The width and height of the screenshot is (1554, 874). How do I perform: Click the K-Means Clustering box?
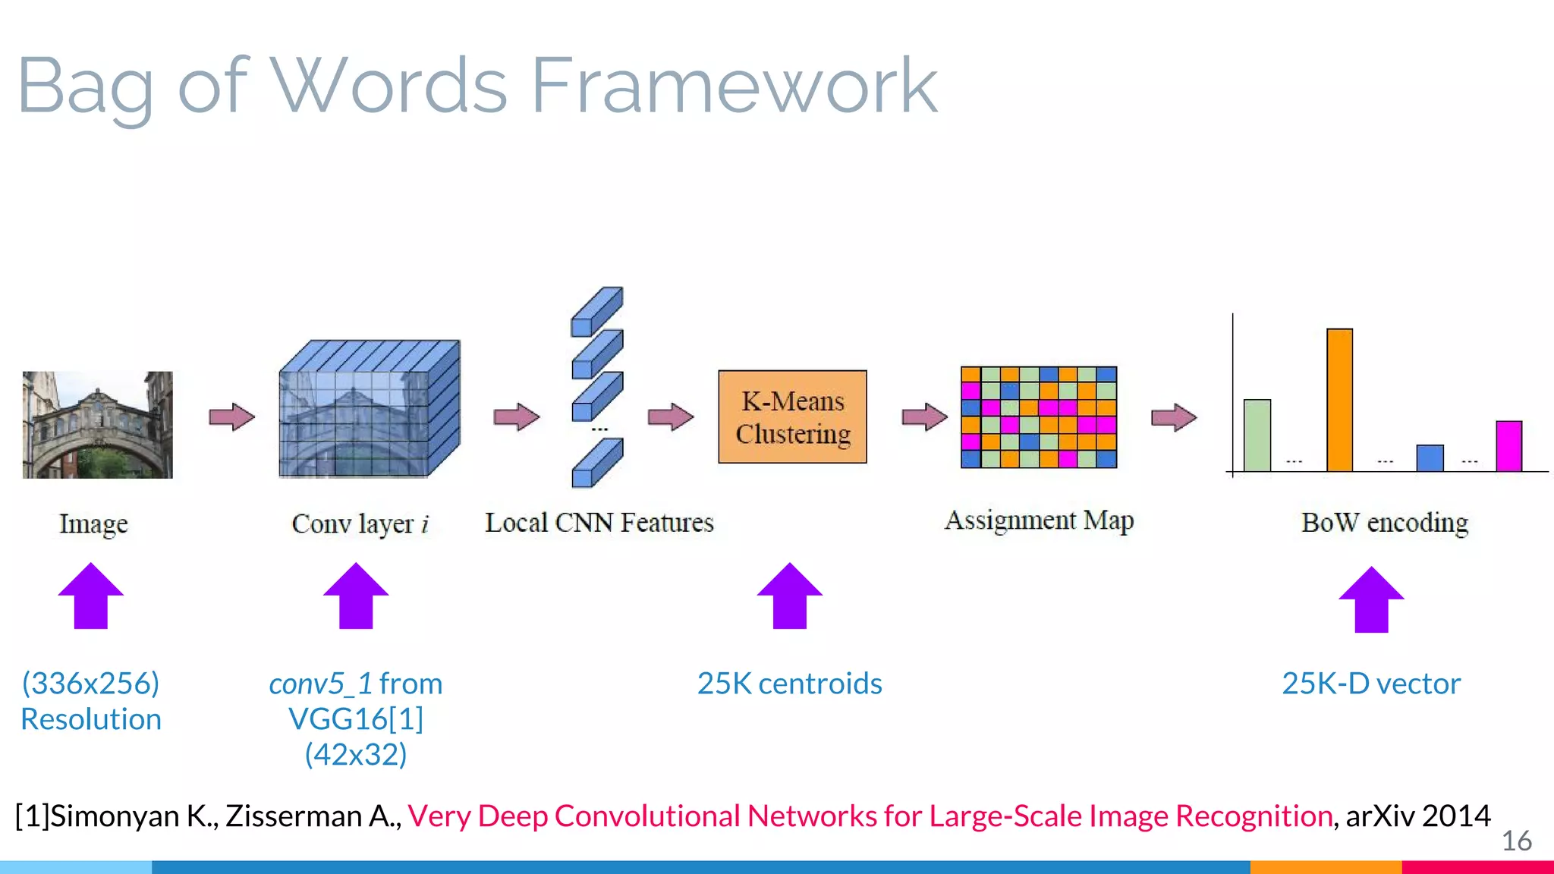pyautogui.click(x=792, y=417)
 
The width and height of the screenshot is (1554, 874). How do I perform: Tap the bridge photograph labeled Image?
pyautogui.click(x=97, y=424)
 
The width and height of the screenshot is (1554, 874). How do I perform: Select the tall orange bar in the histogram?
pyautogui.click(x=1339, y=400)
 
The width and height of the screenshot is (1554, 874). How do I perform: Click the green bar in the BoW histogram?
pyautogui.click(x=1257, y=435)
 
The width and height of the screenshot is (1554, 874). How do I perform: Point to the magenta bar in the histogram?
pyautogui.click(x=1508, y=446)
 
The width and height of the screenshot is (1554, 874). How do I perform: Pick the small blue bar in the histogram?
pyautogui.click(x=1430, y=458)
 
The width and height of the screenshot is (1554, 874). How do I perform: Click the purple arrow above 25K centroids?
pyautogui.click(x=789, y=596)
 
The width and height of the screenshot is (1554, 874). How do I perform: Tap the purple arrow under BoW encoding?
pyautogui.click(x=1371, y=599)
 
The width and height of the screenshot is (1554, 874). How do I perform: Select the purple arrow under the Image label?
pyautogui.click(x=91, y=596)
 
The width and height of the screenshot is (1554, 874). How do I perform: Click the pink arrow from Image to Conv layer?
pyautogui.click(x=231, y=417)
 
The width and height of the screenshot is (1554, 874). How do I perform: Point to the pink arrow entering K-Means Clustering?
pyautogui.click(x=671, y=417)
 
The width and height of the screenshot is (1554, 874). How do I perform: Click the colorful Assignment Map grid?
pyautogui.click(x=1038, y=417)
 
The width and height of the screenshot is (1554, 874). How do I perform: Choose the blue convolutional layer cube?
pyautogui.click(x=369, y=409)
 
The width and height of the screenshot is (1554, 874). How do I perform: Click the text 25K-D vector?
pyautogui.click(x=1370, y=684)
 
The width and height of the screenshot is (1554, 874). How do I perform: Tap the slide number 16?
pyautogui.click(x=1516, y=841)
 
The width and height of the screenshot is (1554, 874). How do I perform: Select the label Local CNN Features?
pyautogui.click(x=599, y=523)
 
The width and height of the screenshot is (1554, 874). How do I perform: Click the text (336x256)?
pyautogui.click(x=91, y=684)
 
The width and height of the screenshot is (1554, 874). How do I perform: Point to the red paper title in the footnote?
pyautogui.click(x=870, y=816)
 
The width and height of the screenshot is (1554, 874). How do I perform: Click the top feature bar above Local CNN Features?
pyautogui.click(x=596, y=311)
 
